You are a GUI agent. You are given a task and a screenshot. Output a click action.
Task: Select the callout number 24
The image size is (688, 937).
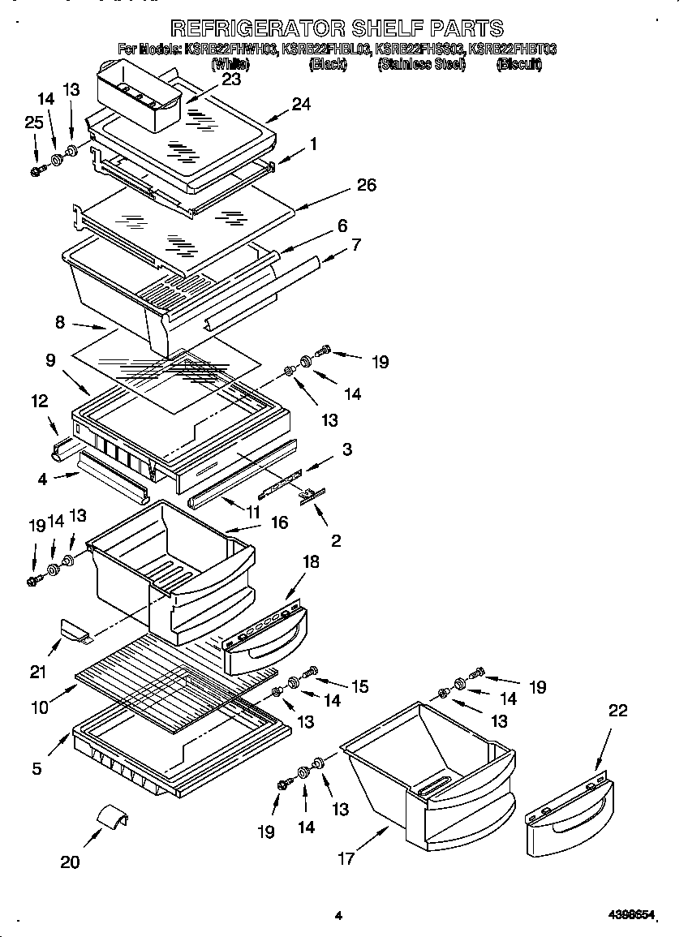pyautogui.click(x=301, y=104)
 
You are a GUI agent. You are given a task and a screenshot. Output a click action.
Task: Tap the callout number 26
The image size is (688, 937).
pyautogui.click(x=366, y=185)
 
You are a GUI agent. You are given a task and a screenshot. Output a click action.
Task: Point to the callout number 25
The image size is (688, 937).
pyautogui.click(x=33, y=122)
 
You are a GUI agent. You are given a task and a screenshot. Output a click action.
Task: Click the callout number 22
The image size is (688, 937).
pyautogui.click(x=618, y=711)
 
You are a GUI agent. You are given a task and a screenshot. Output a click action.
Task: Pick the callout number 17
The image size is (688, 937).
pyautogui.click(x=346, y=858)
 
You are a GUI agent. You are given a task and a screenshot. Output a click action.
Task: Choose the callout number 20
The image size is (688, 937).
pyautogui.click(x=70, y=862)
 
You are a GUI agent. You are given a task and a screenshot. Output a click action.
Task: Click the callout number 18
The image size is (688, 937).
pyautogui.click(x=312, y=561)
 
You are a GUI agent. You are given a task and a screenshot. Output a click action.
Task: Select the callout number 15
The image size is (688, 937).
pyautogui.click(x=359, y=686)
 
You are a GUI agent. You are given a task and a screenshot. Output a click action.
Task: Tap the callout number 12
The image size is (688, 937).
pyautogui.click(x=40, y=401)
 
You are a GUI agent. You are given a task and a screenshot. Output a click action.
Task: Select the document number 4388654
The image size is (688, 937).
pyautogui.click(x=631, y=915)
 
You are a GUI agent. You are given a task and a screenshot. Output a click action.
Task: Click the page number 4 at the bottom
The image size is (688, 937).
pyautogui.click(x=338, y=916)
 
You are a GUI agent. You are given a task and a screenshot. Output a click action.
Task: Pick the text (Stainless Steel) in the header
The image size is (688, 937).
pyautogui.click(x=421, y=65)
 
